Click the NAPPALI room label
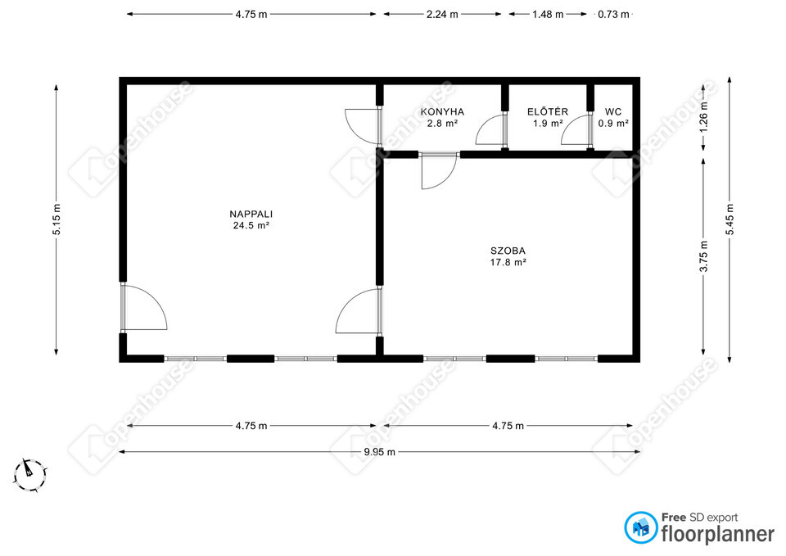251,214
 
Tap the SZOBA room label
508,251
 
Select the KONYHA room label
442,112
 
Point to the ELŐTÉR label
548,111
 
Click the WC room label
613,112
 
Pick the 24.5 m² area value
251,226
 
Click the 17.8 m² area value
508,262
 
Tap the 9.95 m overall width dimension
379,452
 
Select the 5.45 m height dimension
730,219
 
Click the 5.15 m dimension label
56,219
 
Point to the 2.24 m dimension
442,15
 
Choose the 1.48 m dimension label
548,15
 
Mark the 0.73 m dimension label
613,15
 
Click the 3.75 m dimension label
704,256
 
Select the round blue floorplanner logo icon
640,527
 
